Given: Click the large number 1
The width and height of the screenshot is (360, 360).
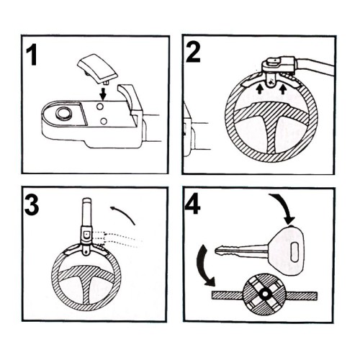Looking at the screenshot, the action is click(x=32, y=55).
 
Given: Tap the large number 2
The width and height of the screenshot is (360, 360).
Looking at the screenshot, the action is click(x=193, y=53).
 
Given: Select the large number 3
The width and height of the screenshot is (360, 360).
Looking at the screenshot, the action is click(x=32, y=206).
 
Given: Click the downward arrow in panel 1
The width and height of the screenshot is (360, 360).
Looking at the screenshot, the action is click(x=103, y=94).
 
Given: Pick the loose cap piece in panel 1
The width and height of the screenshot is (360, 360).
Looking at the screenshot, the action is click(x=97, y=68).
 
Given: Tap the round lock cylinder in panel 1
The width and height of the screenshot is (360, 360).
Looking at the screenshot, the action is click(x=63, y=113).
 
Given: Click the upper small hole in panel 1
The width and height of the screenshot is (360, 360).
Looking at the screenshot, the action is click(x=100, y=107).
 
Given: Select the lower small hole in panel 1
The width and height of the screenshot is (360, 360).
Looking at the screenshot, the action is click(x=104, y=121).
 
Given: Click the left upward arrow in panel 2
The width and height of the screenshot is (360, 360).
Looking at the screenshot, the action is click(x=259, y=89).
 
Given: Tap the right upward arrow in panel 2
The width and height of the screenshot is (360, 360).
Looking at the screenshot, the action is click(x=283, y=89).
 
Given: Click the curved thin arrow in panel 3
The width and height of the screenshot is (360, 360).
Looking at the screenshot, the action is click(x=123, y=213).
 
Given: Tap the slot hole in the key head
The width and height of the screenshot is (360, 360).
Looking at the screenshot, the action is click(x=294, y=252).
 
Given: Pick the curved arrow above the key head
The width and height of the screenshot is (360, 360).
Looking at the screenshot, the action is click(x=283, y=207).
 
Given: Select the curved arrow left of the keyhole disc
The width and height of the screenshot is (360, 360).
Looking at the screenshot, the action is click(x=203, y=265).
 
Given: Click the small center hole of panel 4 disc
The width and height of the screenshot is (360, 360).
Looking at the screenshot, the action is click(x=265, y=293).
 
